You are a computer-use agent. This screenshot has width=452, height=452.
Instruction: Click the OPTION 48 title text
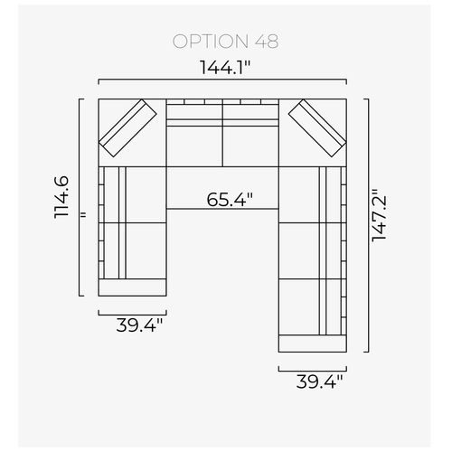click(225, 42)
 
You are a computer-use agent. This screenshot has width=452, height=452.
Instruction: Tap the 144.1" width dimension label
click(225, 68)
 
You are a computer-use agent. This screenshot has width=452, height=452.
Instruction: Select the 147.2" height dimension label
click(379, 215)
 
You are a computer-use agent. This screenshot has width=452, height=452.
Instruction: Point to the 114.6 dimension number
click(61, 197)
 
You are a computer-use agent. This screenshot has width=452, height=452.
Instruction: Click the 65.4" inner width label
click(230, 200)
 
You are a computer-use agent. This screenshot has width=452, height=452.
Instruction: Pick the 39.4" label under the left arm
click(139, 325)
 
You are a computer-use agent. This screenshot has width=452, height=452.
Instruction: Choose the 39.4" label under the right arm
click(319, 381)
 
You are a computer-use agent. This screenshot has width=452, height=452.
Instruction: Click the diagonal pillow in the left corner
click(127, 128)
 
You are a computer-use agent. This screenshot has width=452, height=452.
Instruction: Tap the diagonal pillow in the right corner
click(317, 128)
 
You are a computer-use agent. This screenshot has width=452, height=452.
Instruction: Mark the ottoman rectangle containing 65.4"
click(222, 187)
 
